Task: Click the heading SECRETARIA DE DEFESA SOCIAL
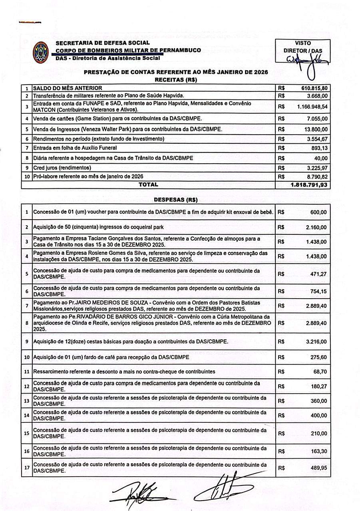pyautogui.click(x=103, y=43)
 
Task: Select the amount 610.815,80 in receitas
pyautogui.click(x=314, y=88)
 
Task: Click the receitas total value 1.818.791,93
pyautogui.click(x=309, y=184)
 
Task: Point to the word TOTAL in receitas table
pyautogui.click(x=148, y=184)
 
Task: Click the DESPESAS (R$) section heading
pyautogui.click(x=176, y=199)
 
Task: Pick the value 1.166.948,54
pyautogui.click(x=312, y=107)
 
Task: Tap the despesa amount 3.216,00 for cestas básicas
pyautogui.click(x=316, y=342)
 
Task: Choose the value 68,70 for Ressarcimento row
pyautogui.click(x=320, y=371)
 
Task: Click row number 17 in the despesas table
pyautogui.click(x=27, y=467)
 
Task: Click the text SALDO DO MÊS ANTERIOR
pyautogui.click(x=68, y=88)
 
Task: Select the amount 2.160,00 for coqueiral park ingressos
pyautogui.click(x=316, y=227)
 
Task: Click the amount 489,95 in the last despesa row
pyautogui.click(x=318, y=467)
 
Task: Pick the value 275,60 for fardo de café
pyautogui.click(x=318, y=357)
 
